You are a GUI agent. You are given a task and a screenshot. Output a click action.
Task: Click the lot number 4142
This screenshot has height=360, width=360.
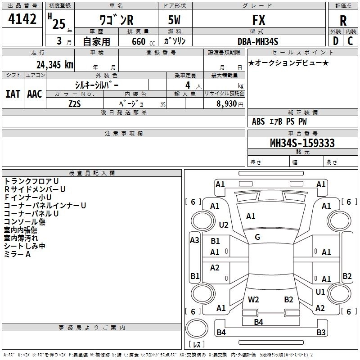tap(22, 19)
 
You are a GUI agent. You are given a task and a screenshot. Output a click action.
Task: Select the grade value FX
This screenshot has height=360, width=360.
tap(259, 20)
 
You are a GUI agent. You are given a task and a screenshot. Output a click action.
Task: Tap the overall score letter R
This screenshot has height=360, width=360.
tap(343, 21)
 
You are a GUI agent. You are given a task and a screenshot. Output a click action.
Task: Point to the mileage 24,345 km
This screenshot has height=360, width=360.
tap(54, 65)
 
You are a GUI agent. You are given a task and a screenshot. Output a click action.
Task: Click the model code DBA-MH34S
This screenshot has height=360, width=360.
tap(258, 41)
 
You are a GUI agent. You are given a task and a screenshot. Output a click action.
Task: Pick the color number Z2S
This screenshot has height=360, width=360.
tap(75, 104)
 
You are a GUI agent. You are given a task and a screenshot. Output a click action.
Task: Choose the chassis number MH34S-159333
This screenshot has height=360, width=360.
tap(302, 143)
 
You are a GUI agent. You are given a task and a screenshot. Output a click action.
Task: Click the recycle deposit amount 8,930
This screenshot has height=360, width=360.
tap(227, 104)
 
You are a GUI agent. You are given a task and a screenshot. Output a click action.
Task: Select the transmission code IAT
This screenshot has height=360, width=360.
tap(13, 94)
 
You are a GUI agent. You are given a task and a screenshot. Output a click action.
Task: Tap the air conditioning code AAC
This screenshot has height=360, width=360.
tap(35, 94)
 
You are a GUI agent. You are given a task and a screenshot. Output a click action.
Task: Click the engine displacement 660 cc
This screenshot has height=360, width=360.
tap(143, 41)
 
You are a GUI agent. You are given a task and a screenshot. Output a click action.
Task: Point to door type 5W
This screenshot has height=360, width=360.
tap(174, 20)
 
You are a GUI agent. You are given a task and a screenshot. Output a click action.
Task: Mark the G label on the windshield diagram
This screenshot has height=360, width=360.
tap(257, 237)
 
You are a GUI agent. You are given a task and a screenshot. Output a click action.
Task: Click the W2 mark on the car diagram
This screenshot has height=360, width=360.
tap(253, 300)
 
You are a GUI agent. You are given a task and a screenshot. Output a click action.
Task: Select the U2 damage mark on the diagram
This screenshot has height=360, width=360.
tap(224, 225)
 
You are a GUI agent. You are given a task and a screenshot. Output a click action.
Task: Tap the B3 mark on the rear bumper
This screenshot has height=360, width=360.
tap(321, 332)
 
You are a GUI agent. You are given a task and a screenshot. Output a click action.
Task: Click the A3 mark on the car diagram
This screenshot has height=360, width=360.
tap(194, 240)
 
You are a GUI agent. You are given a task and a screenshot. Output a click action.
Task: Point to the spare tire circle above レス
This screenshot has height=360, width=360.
tap(197, 328)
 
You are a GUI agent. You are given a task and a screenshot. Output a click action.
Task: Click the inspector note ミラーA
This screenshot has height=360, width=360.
tap(17, 254)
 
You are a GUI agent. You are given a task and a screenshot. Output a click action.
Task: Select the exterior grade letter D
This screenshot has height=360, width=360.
tap(336, 41)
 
